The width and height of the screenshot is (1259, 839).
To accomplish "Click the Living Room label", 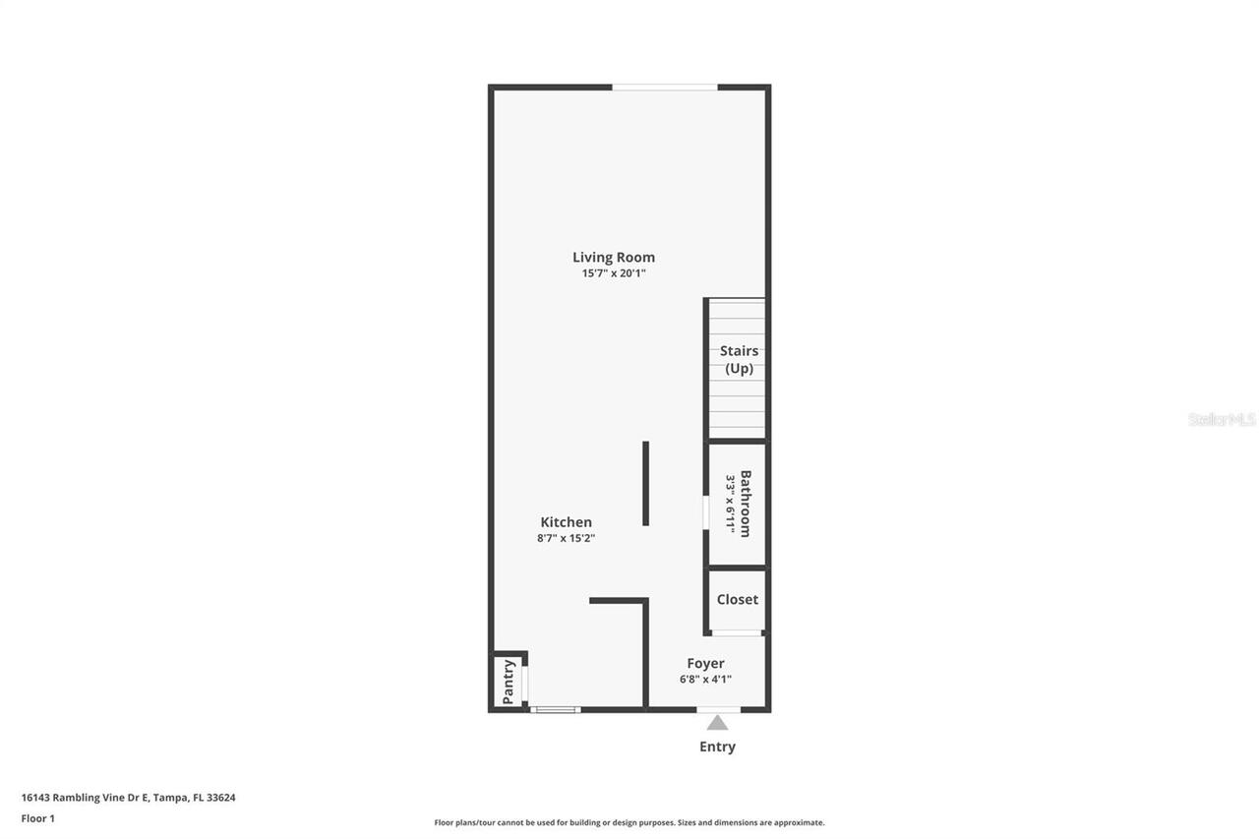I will tap(614, 258).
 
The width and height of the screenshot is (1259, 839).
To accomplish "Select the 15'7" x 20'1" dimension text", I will tap(614, 273).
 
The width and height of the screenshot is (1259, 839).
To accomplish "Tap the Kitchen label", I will tap(567, 522).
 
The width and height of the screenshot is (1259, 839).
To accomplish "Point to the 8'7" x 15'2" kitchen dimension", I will tap(567, 538).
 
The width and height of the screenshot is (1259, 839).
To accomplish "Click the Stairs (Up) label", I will tap(739, 360).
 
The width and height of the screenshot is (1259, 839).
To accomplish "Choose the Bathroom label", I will tap(746, 504).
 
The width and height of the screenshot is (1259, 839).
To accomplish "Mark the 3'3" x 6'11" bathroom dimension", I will tap(731, 504).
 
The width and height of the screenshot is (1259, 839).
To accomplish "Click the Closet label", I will tap(738, 599).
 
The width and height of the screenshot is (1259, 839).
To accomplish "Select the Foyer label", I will tap(705, 664).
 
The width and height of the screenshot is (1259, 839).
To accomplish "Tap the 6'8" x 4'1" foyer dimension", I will tap(705, 679).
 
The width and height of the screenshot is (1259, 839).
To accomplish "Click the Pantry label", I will tap(509, 682).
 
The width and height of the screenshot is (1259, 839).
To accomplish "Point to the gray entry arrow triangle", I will tap(718, 723).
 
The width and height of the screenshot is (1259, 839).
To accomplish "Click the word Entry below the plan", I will tap(717, 747).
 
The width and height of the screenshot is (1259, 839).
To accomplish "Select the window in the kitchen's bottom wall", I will tap(556, 709).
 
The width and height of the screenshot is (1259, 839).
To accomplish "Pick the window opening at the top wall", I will tap(665, 88).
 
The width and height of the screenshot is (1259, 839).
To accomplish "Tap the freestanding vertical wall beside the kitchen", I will tap(645, 483).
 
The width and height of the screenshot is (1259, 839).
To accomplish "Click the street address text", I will tap(129, 798).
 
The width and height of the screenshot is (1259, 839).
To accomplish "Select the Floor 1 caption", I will tap(38, 818).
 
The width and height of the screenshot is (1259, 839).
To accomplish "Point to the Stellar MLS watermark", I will tap(1222, 419).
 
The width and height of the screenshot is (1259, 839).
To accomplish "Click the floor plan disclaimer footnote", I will tap(629, 822).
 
